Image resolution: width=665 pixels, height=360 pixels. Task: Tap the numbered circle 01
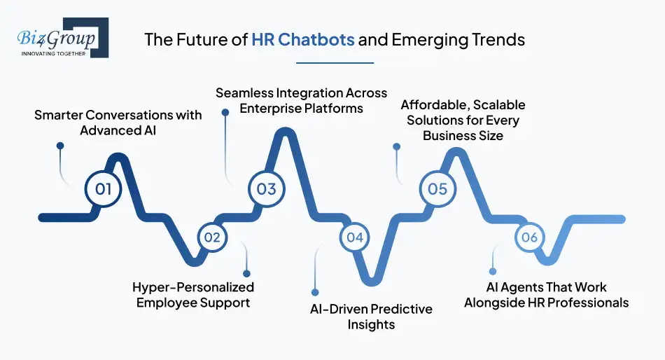[x=103, y=188]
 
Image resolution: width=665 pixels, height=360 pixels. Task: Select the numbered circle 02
[x=211, y=237]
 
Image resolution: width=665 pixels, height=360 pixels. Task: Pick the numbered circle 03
[x=266, y=188]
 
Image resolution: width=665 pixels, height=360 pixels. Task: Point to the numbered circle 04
[x=355, y=237]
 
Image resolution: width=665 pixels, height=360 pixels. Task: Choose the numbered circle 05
[x=437, y=188]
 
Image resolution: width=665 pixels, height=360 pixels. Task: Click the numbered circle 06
[x=529, y=237]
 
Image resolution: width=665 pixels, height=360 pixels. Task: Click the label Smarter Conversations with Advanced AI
[x=118, y=123]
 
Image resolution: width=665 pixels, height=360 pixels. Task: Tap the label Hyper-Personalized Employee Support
[x=193, y=295]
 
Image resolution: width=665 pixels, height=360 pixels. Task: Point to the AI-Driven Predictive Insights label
[x=371, y=317]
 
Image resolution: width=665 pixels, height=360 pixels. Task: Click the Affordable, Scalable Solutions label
[x=463, y=120]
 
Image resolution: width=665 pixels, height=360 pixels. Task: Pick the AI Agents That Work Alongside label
[x=546, y=295]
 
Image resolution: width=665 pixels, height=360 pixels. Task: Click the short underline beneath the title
[x=335, y=62]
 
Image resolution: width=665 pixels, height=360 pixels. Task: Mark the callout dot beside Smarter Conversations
[x=60, y=146]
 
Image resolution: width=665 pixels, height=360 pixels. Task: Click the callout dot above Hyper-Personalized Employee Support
[x=246, y=273]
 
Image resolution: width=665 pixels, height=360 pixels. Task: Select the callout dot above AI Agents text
[x=493, y=270]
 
